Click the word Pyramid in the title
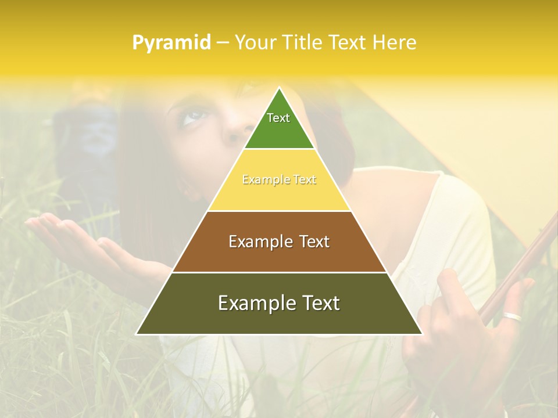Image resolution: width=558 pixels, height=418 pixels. [171, 42]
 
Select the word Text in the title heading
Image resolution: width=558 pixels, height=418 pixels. [349, 42]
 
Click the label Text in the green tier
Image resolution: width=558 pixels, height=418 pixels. [278, 118]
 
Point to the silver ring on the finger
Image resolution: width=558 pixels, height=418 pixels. [512, 317]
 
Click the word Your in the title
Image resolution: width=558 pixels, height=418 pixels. [253, 42]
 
